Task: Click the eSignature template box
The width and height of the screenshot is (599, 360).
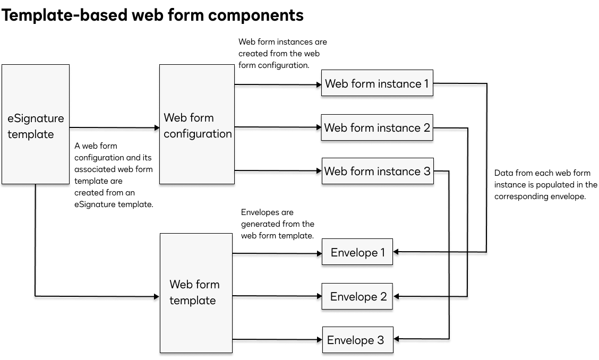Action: [x=36, y=125]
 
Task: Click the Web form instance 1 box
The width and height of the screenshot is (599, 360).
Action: [x=377, y=83]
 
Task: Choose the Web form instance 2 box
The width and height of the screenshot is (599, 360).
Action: [x=377, y=127]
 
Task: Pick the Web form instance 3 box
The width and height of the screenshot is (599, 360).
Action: [x=377, y=171]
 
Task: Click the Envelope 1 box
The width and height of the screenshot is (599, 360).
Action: [x=357, y=252]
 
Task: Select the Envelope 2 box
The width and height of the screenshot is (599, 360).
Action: [x=357, y=296]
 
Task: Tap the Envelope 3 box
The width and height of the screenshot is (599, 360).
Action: [x=357, y=340]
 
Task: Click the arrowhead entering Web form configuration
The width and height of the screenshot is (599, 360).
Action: [x=157, y=127]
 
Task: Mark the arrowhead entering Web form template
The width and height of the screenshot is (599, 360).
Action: [x=157, y=296]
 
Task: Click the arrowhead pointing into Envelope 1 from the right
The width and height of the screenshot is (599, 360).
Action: [x=396, y=252]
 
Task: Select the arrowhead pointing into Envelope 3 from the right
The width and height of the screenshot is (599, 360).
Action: [x=396, y=339]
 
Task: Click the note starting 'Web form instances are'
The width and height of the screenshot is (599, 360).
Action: [x=282, y=54]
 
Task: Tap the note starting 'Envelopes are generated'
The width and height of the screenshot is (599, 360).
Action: [x=277, y=224]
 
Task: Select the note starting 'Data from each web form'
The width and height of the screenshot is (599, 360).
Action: [x=545, y=184]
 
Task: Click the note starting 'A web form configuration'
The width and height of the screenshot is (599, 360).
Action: [x=113, y=175]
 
